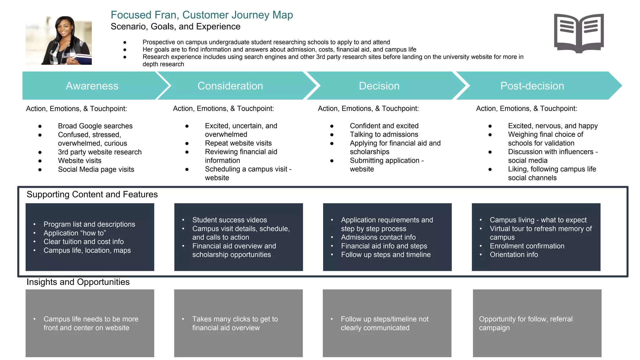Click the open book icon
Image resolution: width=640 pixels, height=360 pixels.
point(579,33)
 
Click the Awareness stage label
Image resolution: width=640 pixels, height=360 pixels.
point(92,86)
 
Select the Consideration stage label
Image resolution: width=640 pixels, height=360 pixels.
point(230,86)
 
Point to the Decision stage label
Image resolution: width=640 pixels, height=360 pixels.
point(379,86)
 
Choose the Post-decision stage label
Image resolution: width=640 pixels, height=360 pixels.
point(532,86)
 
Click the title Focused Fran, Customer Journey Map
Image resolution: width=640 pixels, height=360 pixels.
point(202,15)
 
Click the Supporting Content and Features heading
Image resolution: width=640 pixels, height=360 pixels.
point(92,194)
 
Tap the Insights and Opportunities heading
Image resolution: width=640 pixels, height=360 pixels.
point(78,282)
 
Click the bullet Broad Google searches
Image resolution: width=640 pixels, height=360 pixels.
point(95,126)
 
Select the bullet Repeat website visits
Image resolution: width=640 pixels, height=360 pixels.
point(238,143)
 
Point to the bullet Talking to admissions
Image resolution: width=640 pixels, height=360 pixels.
point(384,134)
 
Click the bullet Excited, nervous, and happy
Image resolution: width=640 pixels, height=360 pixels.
point(552,126)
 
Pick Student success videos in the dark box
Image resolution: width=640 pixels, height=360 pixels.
point(229,220)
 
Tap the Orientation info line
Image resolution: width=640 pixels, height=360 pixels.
point(514,255)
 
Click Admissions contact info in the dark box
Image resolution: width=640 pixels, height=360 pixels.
point(378,237)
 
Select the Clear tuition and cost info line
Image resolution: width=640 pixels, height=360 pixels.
point(83,242)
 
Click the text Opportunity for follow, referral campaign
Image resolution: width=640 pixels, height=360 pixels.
point(526,323)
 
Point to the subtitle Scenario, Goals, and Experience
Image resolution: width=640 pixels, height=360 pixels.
point(175,27)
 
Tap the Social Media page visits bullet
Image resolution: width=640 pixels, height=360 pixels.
point(96,169)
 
